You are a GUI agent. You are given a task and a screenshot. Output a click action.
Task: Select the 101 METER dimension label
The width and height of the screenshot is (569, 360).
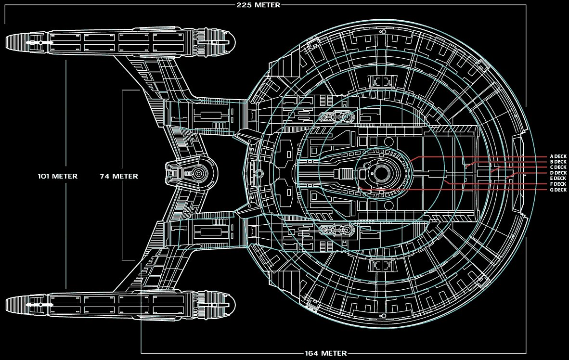pos(58,176)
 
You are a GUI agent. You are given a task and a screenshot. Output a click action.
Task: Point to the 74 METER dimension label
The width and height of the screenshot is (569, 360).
pos(119,176)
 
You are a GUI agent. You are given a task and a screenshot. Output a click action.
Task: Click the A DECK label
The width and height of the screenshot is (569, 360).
pos(558,156)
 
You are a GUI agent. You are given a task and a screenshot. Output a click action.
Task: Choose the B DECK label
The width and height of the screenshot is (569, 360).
pos(558,162)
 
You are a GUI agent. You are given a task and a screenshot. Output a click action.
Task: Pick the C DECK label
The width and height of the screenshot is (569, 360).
pos(558,167)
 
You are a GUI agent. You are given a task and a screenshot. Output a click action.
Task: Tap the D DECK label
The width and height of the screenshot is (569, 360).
pos(558,173)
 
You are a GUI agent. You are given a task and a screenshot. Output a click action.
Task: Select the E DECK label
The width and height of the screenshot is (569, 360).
pos(558,179)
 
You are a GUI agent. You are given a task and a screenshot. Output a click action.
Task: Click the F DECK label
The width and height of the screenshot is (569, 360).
pos(558,184)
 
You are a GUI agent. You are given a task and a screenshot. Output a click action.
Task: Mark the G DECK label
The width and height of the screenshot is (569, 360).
pos(558,190)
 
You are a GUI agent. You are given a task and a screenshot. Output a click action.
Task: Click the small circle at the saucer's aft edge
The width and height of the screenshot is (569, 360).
pos(259,173)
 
